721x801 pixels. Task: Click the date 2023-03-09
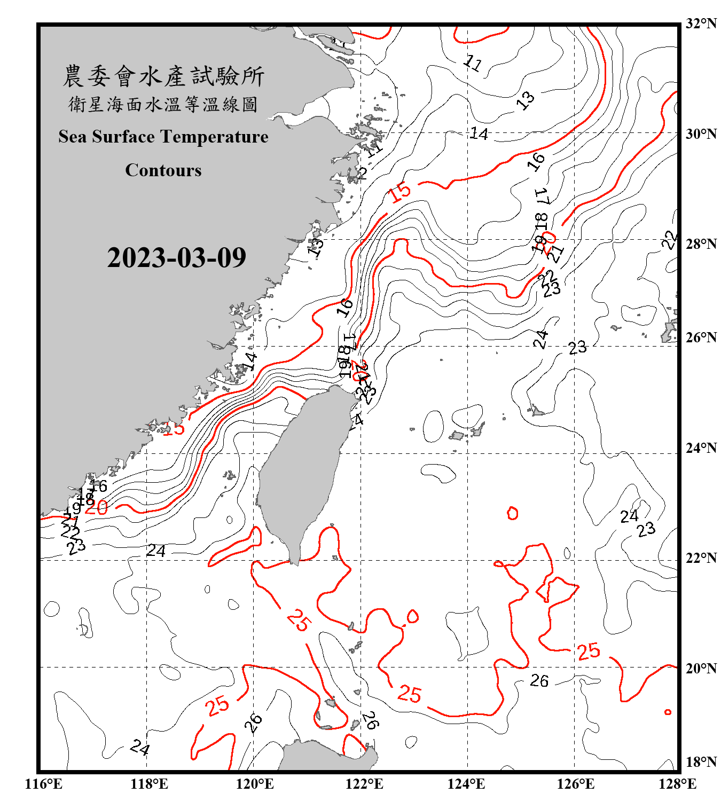point(176,258)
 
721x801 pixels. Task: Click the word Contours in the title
point(163,170)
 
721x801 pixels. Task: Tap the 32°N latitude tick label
point(701,23)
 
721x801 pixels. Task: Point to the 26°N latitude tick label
point(701,337)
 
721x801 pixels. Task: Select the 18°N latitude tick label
point(701,762)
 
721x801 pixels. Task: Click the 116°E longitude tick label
point(43,784)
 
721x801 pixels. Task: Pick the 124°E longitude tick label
point(466,784)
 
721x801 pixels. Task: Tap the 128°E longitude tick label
point(677,784)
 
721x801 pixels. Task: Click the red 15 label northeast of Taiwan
point(400,192)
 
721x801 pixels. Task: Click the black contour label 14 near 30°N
point(479,133)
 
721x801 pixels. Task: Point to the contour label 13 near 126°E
point(526,99)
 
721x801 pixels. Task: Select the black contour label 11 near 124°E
point(472,63)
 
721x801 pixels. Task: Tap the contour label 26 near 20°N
point(539,681)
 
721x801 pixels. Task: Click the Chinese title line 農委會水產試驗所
point(163,76)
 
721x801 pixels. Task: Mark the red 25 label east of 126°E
point(589,651)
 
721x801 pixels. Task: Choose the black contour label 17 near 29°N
point(542,196)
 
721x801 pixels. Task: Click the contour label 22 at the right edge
point(670,240)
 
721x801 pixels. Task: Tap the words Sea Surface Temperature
point(163,137)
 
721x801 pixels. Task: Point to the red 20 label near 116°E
point(97,507)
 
